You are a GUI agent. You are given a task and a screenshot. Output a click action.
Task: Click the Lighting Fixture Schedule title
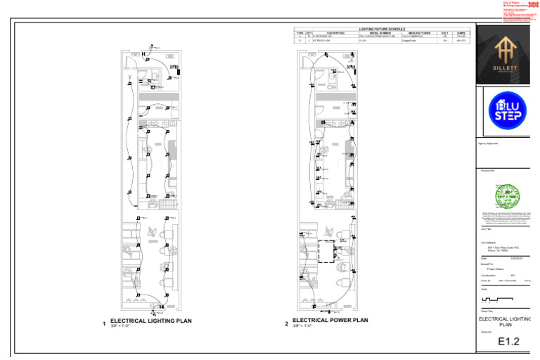click(382, 29)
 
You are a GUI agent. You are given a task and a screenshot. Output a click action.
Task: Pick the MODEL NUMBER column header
click(380, 32)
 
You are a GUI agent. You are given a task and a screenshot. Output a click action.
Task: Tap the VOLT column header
click(444, 32)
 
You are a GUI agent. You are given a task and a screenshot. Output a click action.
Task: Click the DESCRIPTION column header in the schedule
click(335, 32)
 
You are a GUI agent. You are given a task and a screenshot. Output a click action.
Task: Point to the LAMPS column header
click(461, 32)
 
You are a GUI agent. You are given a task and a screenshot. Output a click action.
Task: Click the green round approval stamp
click(507, 196)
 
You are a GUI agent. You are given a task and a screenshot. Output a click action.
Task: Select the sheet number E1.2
click(508, 342)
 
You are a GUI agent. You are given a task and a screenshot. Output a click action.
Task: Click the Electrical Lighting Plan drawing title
click(150, 321)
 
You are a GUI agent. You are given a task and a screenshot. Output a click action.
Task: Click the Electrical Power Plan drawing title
click(330, 320)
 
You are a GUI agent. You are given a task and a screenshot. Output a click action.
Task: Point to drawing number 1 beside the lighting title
click(104, 324)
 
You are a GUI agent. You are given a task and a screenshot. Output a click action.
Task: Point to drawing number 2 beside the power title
click(286, 324)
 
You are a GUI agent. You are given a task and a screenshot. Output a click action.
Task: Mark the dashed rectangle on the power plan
click(327, 251)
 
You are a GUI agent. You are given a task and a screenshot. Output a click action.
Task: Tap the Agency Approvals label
click(488, 143)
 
